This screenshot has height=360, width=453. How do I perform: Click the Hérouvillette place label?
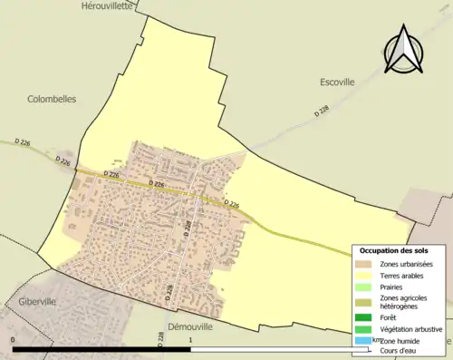coord(107,5)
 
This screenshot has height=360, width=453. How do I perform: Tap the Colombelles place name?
coord(52,99)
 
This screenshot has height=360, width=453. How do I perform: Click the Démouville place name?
coord(189,326)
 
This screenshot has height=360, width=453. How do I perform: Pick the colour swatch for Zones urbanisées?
coord(364,264)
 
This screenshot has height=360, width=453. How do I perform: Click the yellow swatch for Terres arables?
coord(364,275)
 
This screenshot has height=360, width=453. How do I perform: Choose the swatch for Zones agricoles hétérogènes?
coord(364,302)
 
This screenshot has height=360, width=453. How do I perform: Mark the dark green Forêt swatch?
coord(364,318)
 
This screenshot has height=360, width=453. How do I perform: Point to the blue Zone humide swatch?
coord(364,341)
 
